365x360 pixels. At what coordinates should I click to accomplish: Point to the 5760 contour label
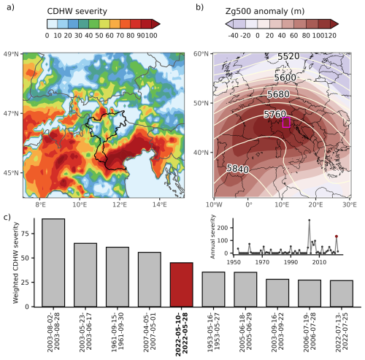click(277, 115)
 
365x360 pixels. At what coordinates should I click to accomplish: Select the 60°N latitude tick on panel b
click(201, 55)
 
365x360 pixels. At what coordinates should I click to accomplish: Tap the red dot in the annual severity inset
click(337, 237)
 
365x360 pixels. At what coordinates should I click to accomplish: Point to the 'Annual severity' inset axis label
click(221, 236)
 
